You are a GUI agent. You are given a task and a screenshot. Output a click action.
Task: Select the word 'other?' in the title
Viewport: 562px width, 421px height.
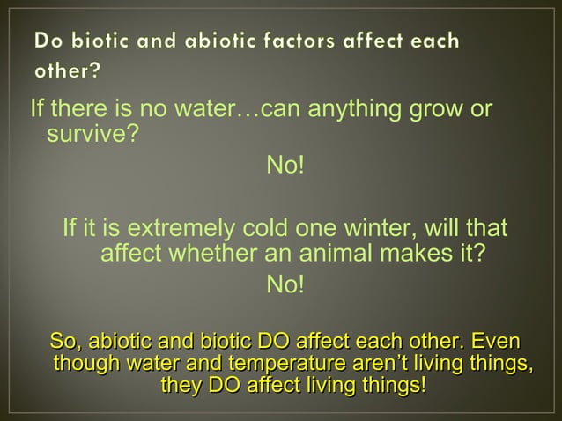point(67,71)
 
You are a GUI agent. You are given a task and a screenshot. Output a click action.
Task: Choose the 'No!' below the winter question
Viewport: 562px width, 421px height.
point(285,284)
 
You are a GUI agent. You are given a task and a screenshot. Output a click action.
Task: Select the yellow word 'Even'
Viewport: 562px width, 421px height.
point(495,341)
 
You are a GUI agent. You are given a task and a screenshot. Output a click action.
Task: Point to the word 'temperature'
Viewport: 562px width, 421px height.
point(279,364)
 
